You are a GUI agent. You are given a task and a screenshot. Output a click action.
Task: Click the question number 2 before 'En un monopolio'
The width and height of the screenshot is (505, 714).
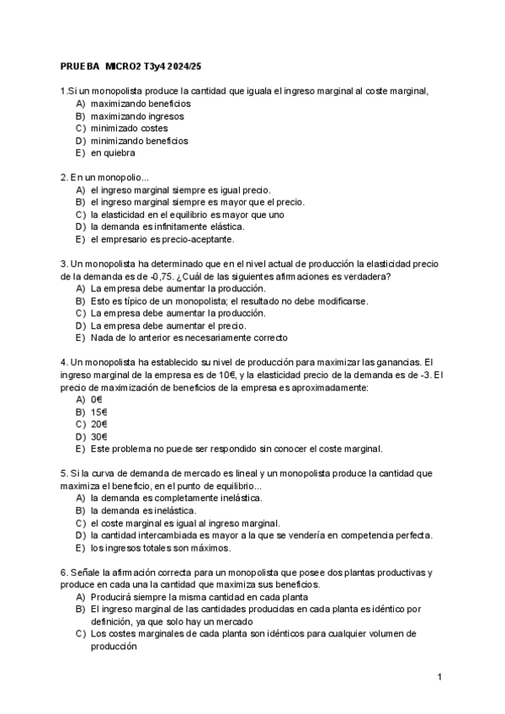[x=64, y=178]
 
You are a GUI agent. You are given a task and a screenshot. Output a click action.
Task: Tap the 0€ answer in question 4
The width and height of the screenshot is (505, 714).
[x=97, y=399]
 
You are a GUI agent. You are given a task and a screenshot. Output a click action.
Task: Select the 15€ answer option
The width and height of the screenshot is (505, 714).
[x=99, y=412]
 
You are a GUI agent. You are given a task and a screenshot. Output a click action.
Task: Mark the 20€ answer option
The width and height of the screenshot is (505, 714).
[x=99, y=424]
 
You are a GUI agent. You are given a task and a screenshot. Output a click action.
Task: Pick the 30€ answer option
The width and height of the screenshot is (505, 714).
[x=99, y=436]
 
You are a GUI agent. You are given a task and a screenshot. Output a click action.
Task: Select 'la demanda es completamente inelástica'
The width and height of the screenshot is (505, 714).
[x=176, y=498]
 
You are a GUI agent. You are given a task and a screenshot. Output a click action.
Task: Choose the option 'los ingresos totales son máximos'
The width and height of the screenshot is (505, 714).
[x=160, y=547]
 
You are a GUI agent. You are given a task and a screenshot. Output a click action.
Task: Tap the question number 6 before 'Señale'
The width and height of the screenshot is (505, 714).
[x=64, y=572]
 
